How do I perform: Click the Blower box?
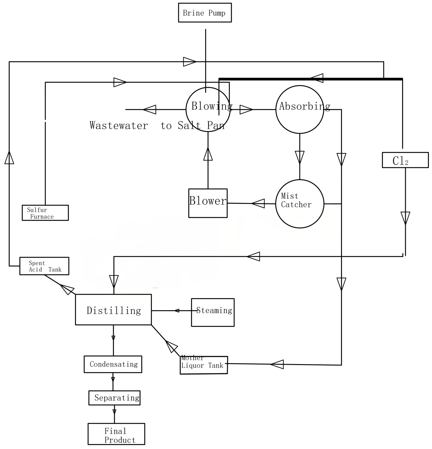(208, 203)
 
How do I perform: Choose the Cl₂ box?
(405, 160)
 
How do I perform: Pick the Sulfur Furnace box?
(45, 213)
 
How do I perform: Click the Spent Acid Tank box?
(44, 266)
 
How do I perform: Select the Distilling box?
(113, 310)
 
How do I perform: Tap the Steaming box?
(213, 312)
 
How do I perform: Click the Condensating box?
(113, 364)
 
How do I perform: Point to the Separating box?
(114, 398)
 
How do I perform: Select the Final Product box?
(116, 434)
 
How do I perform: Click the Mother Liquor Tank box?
(204, 365)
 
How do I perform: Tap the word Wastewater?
(118, 126)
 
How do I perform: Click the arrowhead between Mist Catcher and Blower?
(258, 203)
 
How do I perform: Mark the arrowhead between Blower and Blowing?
(208, 154)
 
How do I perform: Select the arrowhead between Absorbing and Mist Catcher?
(300, 157)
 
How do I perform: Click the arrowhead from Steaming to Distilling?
(177, 310)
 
